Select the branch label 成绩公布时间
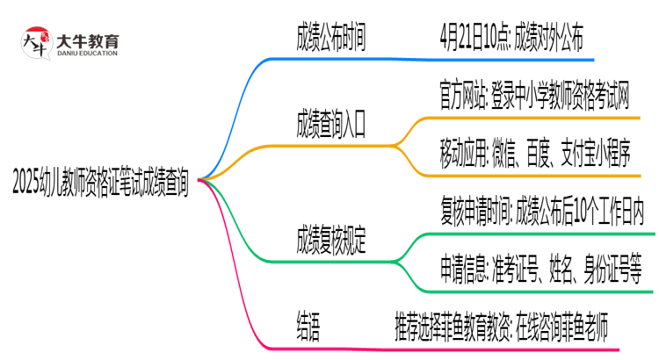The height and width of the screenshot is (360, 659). tap(331, 39)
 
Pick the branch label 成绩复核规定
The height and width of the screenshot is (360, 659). tap(331, 237)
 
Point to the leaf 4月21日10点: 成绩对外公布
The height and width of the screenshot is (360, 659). tap(510, 39)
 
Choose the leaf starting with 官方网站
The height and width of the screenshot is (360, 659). tap(534, 90)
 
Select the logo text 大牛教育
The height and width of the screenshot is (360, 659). tap(87, 39)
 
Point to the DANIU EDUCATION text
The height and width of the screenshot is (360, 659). tap(87, 53)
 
